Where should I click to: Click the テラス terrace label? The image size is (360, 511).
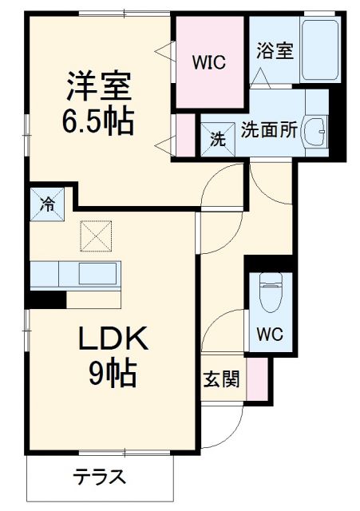pos(100,478)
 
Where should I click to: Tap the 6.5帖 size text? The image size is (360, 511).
pos(98,121)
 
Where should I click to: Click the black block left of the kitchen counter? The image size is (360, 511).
pos(48,299)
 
